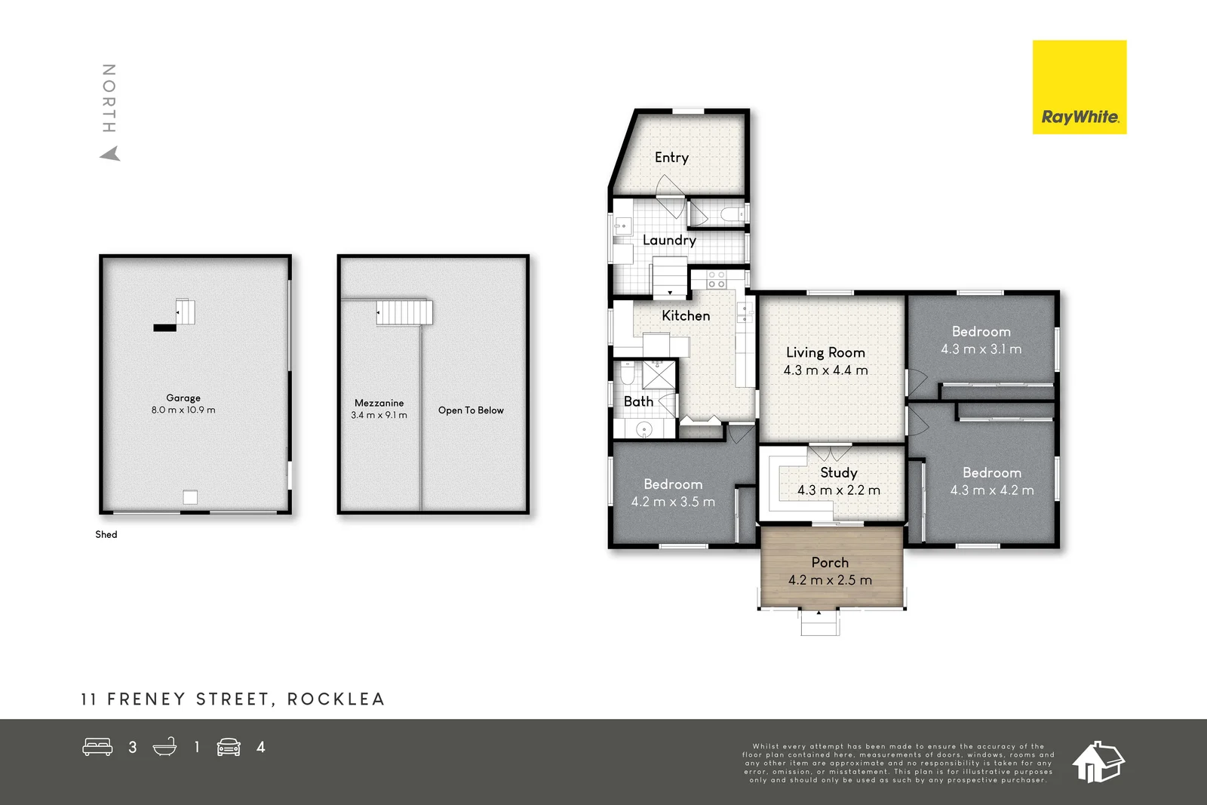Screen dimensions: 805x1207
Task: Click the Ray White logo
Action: tap(1079, 88)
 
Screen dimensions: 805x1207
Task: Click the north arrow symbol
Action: tap(110, 154)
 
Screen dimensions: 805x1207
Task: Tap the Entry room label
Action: tap(671, 158)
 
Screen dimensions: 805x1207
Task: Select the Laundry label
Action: tap(669, 240)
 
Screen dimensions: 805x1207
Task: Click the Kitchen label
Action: tap(686, 315)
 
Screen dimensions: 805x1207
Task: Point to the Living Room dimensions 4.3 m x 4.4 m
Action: tap(825, 370)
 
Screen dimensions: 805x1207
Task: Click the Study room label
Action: tap(839, 472)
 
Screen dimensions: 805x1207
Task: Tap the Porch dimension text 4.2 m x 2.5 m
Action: tap(830, 580)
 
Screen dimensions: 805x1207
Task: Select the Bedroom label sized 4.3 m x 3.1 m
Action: tap(981, 331)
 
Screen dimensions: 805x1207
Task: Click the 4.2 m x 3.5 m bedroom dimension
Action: tap(673, 502)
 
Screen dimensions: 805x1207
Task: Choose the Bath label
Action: tap(638, 401)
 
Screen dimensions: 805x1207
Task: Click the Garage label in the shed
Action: tap(183, 398)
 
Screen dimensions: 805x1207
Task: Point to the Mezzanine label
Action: tap(379, 403)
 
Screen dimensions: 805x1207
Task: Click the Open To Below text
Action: tap(471, 410)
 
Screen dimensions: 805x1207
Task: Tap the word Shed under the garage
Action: tap(106, 534)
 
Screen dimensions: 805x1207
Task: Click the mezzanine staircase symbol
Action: tap(404, 312)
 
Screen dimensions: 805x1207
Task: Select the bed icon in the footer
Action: tap(97, 747)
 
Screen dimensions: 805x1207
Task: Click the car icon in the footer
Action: tap(229, 747)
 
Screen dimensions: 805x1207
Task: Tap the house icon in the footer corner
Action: tap(1098, 762)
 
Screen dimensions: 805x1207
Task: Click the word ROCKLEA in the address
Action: tap(336, 699)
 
